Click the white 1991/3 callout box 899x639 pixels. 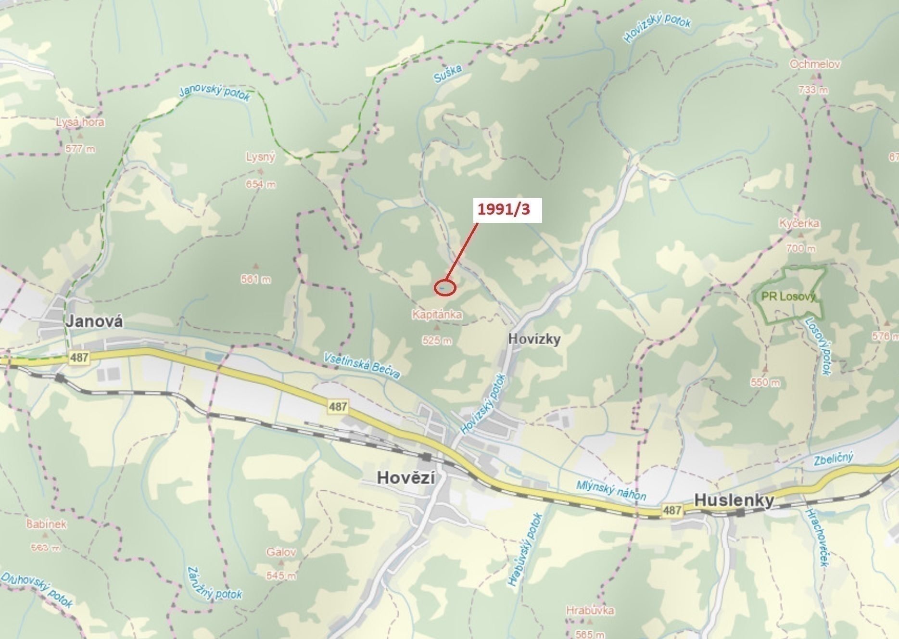(507, 210)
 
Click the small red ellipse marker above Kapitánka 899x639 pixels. (445, 287)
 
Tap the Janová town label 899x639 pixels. (94, 321)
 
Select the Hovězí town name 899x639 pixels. (406, 477)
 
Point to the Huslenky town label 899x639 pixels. (734, 500)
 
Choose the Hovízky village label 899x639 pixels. (534, 339)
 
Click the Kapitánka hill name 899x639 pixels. (437, 315)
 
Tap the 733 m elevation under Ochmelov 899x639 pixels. (813, 89)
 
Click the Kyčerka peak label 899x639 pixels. (799, 223)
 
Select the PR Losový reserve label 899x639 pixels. (788, 296)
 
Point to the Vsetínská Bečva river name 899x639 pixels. (361, 365)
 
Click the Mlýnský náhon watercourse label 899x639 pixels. (611, 490)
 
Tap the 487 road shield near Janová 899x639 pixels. (79, 358)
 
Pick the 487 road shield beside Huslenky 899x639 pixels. (671, 510)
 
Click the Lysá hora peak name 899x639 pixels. (80, 122)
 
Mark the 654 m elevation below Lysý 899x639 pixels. (261, 184)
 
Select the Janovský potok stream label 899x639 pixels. (215, 93)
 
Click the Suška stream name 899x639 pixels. (447, 74)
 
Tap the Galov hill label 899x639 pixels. (281, 552)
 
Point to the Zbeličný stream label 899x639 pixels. (833, 458)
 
